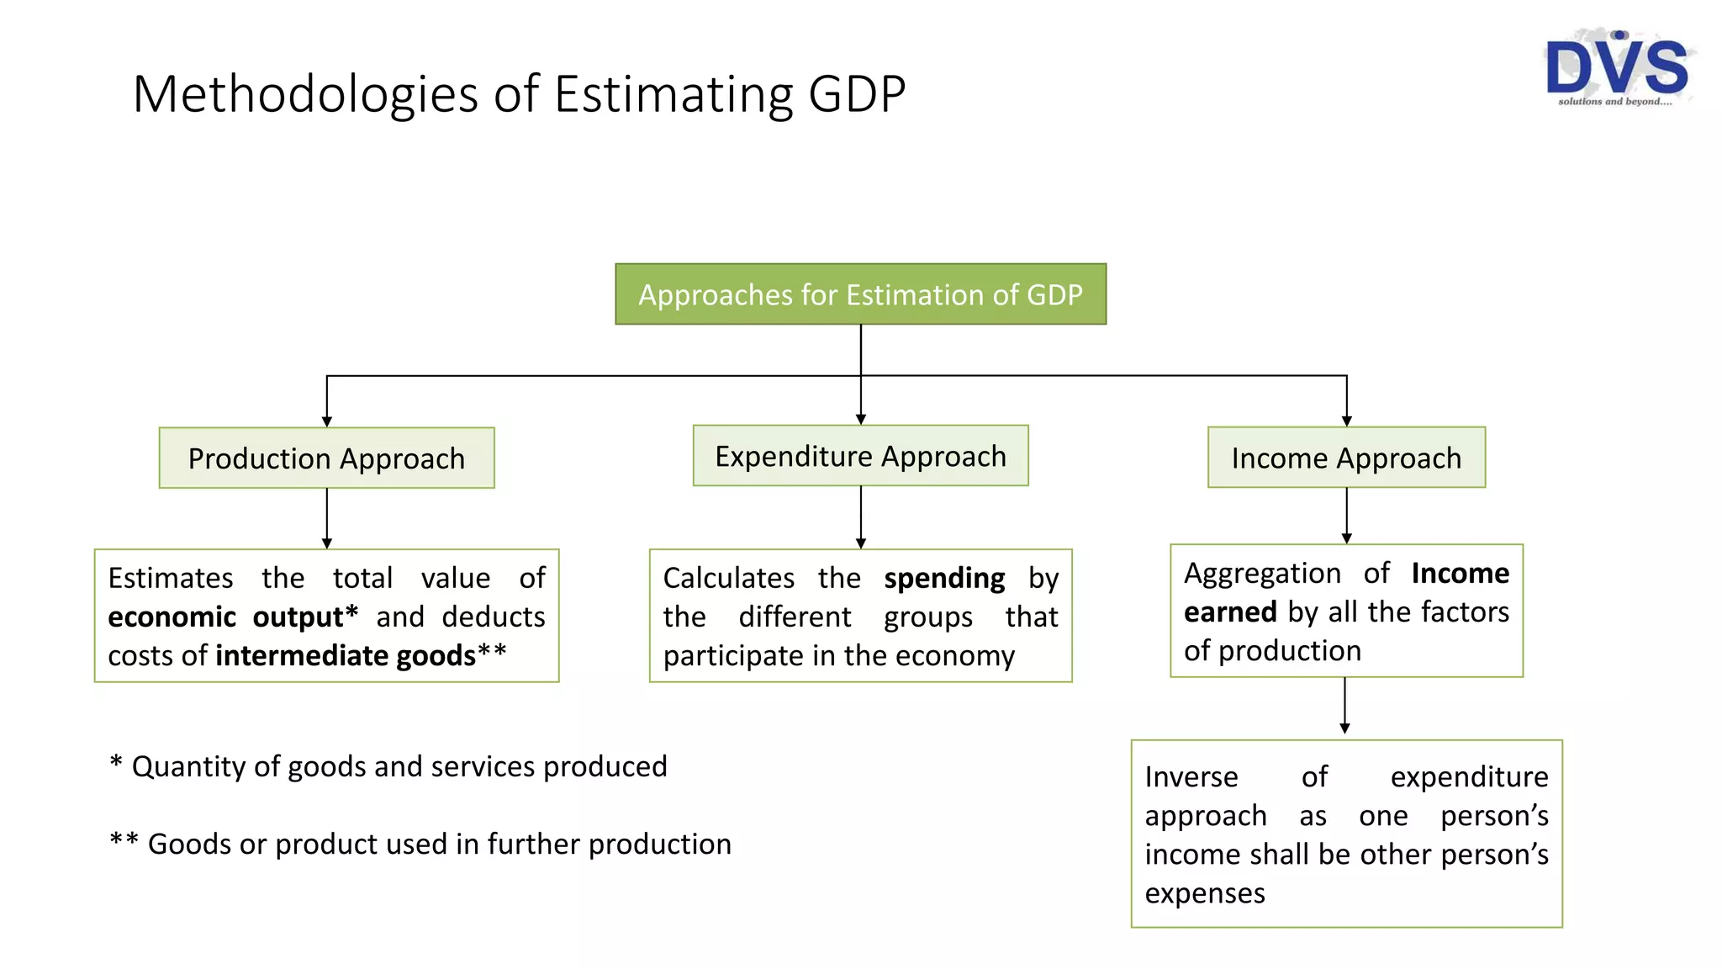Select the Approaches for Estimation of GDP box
click(860, 294)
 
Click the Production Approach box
click(326, 458)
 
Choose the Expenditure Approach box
click(860, 456)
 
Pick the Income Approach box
click(1346, 458)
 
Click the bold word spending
click(943, 579)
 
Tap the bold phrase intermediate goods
click(346, 656)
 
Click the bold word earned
click(1230, 612)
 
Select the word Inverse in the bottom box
click(1191, 777)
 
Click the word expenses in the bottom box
click(1204, 893)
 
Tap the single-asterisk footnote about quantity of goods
click(388, 766)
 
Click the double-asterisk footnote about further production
click(420, 844)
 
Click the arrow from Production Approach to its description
click(327, 519)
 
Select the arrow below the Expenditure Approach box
click(860, 517)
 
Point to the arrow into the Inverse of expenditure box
click(1344, 707)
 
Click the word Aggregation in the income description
click(1261, 574)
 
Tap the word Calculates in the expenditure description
click(728, 579)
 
